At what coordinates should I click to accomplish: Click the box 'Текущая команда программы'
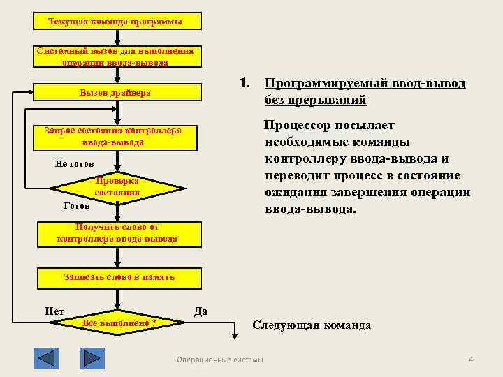(117, 22)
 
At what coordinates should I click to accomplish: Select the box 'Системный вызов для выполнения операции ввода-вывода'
(117, 57)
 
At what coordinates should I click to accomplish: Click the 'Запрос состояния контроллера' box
(117, 137)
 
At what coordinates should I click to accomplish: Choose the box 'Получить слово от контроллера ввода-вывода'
(117, 233)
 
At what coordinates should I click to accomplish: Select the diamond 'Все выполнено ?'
(118, 323)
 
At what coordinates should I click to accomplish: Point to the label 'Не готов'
(74, 164)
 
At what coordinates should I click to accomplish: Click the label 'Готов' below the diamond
(76, 207)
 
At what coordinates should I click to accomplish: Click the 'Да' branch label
(200, 311)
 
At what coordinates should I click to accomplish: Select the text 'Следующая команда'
(312, 325)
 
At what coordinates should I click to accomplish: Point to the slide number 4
(470, 360)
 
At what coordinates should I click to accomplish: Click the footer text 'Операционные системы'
(220, 360)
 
